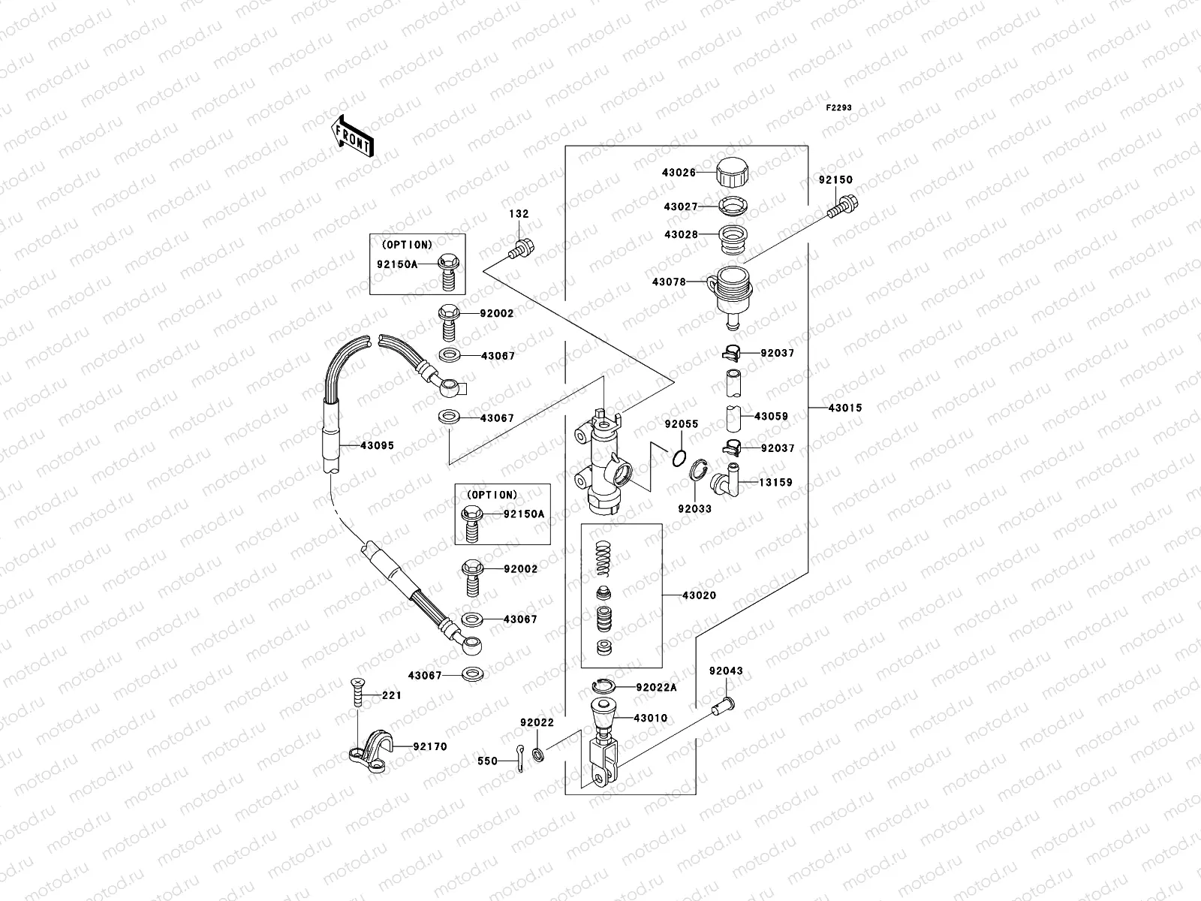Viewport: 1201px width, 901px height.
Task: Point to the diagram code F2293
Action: pyautogui.click(x=839, y=108)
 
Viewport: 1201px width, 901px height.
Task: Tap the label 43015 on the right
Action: pyautogui.click(x=845, y=408)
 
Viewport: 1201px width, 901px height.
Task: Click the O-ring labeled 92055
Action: pyautogui.click(x=679, y=459)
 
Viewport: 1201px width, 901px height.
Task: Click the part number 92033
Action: pyautogui.click(x=694, y=508)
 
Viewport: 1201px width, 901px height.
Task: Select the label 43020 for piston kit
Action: pyautogui.click(x=699, y=595)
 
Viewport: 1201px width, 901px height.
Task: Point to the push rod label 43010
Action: pyautogui.click(x=650, y=718)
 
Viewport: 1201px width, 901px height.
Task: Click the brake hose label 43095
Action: pyautogui.click(x=377, y=445)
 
